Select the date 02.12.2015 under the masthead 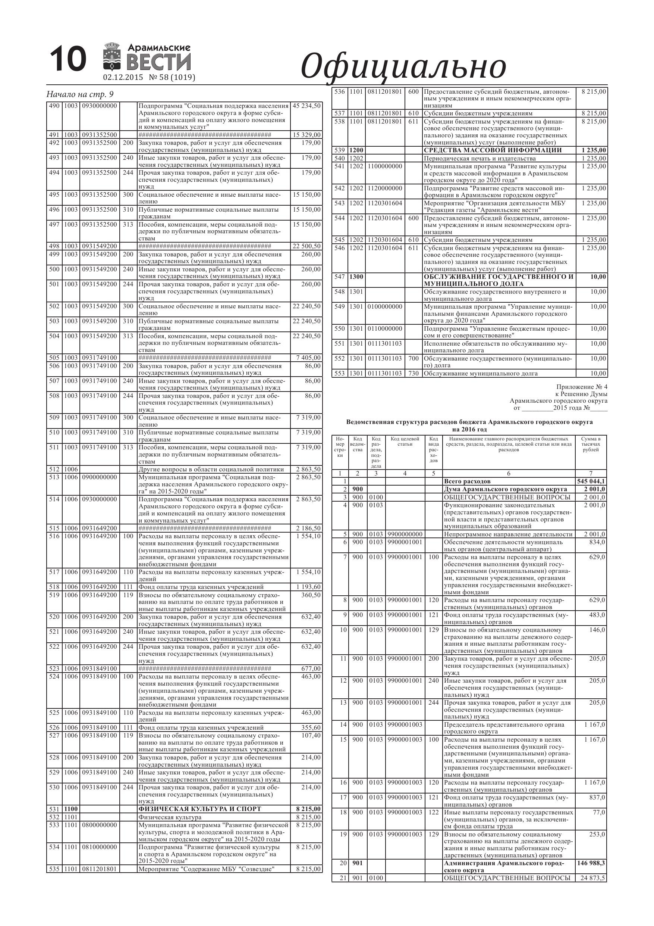(123, 77)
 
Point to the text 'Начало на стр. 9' (80, 94)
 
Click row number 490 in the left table (54, 106)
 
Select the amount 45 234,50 (306, 106)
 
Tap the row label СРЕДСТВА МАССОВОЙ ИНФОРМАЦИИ (493, 150)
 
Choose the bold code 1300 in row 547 (356, 277)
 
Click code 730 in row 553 (414, 374)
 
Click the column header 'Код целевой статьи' (405, 442)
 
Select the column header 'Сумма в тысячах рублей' (591, 444)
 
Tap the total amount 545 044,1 (591, 481)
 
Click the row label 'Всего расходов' (467, 481)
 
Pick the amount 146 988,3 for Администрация (591, 864)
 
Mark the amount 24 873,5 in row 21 (592, 878)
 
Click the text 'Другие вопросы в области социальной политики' (211, 470)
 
